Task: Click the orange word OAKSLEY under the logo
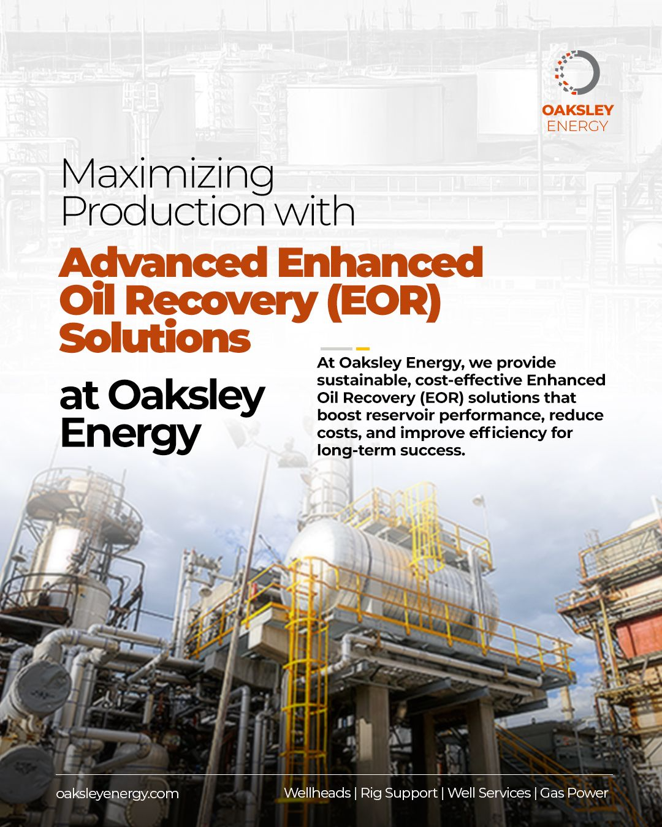click(577, 110)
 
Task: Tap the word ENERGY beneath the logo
click(577, 126)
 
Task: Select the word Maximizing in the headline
click(168, 175)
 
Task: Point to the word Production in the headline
click(162, 211)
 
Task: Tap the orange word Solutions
click(155, 337)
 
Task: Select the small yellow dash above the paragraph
click(363, 349)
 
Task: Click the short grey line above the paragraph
click(336, 349)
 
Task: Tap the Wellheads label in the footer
click(318, 793)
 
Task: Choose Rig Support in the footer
click(399, 793)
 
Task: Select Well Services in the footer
click(489, 793)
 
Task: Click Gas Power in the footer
click(574, 793)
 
